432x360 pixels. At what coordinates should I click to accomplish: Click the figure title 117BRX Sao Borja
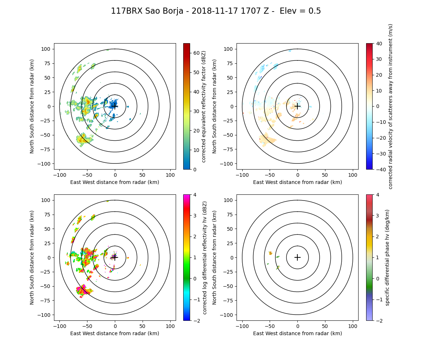pos(216,11)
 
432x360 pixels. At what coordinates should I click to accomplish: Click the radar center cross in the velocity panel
pos(297,106)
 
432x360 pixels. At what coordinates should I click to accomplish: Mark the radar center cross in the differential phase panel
pos(297,257)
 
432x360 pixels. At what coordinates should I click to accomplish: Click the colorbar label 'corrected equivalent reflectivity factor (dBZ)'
pos(203,106)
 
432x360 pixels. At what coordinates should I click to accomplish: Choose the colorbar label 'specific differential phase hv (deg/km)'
pos(388,257)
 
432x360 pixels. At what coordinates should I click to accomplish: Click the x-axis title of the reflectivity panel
pos(114,182)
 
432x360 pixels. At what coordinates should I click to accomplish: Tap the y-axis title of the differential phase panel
pos(215,257)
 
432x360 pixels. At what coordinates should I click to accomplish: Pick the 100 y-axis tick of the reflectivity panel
pos(47,49)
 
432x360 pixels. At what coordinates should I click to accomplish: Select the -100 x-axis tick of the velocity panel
pos(242,175)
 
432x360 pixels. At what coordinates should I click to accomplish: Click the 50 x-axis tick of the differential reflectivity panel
pos(143,326)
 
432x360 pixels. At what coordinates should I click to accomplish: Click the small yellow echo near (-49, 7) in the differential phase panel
pos(270,253)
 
